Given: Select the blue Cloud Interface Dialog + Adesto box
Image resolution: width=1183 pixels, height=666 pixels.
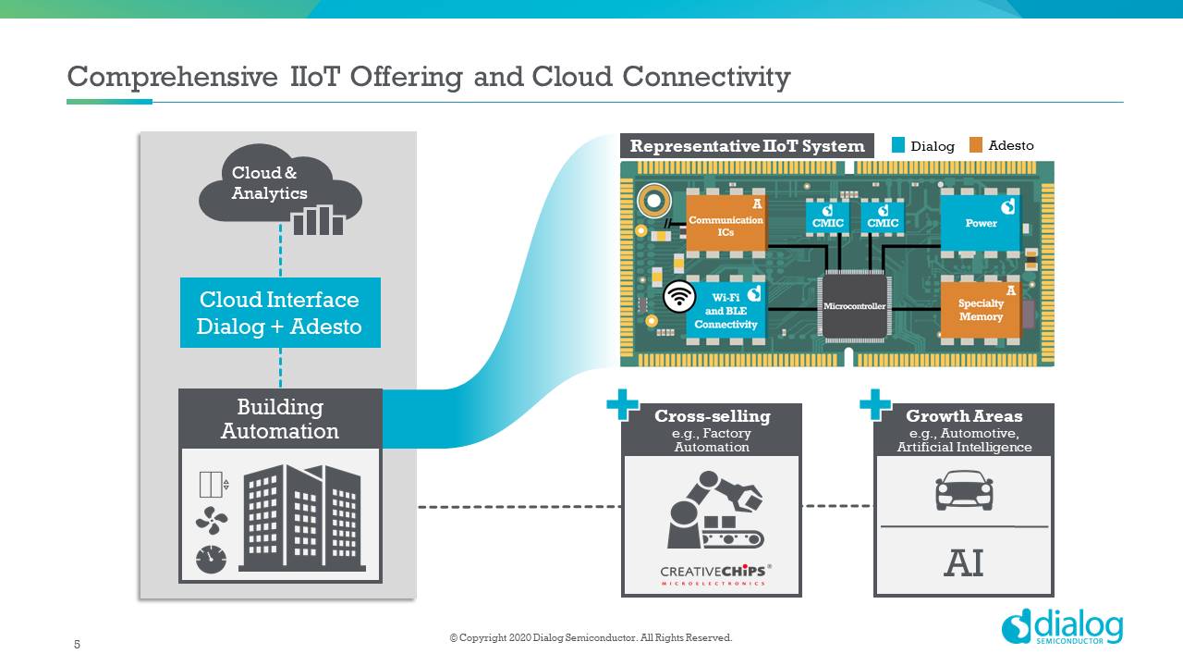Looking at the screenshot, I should (280, 313).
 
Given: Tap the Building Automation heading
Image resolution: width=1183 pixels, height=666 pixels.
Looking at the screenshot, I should (280, 419).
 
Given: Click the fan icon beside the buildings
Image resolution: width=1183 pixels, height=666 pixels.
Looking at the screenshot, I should (211, 522).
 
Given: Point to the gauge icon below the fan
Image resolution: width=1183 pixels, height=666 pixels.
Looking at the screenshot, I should (211, 559).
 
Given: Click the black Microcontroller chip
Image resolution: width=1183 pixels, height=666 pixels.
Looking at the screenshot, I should (854, 305).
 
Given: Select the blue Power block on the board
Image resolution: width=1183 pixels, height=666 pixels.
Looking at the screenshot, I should (981, 222).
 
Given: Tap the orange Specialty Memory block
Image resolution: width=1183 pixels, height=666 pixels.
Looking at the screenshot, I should (980, 309).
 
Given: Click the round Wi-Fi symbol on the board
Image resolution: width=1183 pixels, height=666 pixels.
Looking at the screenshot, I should (680, 296).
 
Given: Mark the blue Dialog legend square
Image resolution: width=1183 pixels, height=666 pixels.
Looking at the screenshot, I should (898, 145).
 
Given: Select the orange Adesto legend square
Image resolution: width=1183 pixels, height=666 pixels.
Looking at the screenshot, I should (976, 145).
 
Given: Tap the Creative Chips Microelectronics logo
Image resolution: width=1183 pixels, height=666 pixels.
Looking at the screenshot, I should (713, 574).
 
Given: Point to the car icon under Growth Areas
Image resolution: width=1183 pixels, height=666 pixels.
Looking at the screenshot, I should (964, 491).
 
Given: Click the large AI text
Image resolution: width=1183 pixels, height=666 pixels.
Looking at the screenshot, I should (963, 562).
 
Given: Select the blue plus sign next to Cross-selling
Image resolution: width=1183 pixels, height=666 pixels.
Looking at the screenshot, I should (622, 404).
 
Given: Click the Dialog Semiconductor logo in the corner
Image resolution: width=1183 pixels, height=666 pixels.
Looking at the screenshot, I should (1062, 626).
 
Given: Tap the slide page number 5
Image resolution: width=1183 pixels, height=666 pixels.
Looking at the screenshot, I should (78, 645).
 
